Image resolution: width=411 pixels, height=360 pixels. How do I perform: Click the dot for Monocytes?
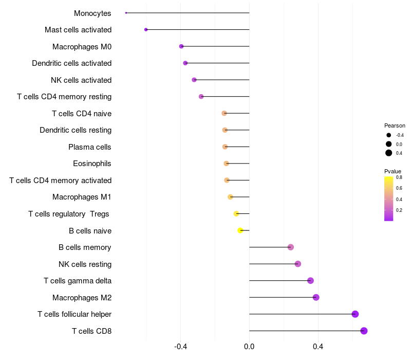click(126, 13)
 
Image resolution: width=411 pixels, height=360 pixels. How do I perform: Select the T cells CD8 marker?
click(364, 331)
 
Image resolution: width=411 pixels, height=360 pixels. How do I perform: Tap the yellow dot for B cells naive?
click(240, 230)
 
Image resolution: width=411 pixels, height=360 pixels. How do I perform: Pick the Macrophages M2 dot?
click(316, 297)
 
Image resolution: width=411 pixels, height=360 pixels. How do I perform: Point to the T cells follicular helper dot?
click(355, 314)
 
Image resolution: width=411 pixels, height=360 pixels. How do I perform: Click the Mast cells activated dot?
click(146, 30)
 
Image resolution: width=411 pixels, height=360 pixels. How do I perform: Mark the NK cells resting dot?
click(297, 264)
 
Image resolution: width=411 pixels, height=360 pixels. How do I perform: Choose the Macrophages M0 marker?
click(181, 46)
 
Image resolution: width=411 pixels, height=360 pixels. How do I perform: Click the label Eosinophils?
click(92, 164)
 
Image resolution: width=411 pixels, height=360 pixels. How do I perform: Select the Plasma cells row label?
click(89, 147)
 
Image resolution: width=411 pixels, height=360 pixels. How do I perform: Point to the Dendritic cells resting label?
click(76, 130)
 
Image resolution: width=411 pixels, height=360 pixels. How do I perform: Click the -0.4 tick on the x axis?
click(180, 347)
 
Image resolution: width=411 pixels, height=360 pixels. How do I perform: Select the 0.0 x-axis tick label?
click(249, 347)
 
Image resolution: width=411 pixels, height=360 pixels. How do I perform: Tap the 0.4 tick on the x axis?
click(318, 347)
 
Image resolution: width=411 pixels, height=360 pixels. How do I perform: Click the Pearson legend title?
click(395, 125)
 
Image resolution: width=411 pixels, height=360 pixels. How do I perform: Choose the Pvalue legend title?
click(393, 171)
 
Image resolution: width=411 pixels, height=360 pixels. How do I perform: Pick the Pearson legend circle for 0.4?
click(389, 153)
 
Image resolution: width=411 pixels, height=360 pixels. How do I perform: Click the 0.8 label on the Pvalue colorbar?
click(399, 177)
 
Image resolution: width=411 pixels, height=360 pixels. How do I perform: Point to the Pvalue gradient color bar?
click(389, 199)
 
